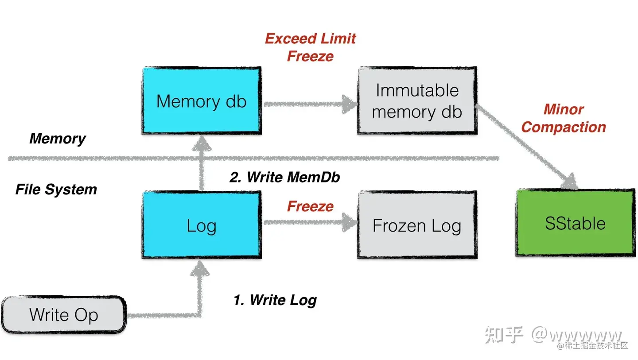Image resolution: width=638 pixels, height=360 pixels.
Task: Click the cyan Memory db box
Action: coord(202,101)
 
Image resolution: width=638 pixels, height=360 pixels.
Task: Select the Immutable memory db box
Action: coord(417,101)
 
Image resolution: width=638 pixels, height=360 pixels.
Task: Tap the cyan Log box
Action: coord(202,225)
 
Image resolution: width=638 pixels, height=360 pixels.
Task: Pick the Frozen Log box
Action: coord(417,225)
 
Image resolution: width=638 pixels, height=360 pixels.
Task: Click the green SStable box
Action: coord(575,223)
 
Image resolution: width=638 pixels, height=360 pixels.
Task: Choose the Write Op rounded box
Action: coord(64,315)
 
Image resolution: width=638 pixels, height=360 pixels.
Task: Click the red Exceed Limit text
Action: coord(310,39)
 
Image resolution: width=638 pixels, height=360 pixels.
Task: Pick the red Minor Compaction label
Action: coord(563,118)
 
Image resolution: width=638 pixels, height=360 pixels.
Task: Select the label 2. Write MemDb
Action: coord(284,177)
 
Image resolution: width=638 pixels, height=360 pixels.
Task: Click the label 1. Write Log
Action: coord(275,300)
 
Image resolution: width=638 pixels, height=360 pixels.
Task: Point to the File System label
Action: coord(56,190)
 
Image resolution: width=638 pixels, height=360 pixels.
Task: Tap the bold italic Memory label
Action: coord(58,139)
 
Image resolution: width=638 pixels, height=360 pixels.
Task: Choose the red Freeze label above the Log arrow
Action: coord(310,206)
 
